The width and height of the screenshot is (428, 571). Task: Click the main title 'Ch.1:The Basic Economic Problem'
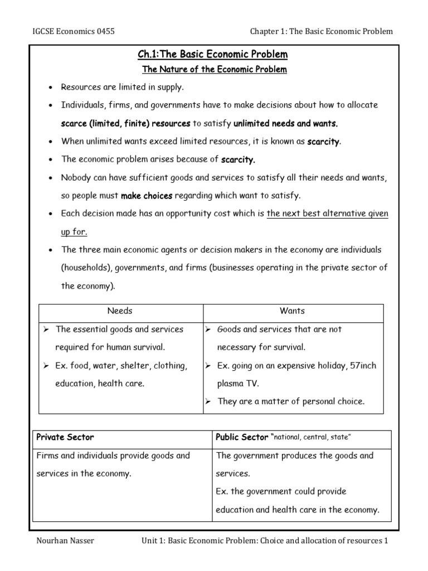pyautogui.click(x=214, y=54)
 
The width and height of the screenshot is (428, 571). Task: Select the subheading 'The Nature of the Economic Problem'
pyautogui.click(x=214, y=70)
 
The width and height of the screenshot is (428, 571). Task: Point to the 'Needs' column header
pyautogui.click(x=120, y=311)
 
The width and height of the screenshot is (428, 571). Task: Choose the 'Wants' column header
pyautogui.click(x=293, y=311)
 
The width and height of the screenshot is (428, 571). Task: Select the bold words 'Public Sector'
pyautogui.click(x=241, y=437)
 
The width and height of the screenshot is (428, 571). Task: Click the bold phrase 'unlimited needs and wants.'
pyautogui.click(x=286, y=123)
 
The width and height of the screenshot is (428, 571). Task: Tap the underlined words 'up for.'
pyautogui.click(x=74, y=231)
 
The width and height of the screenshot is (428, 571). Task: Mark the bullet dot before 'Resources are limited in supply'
pyautogui.click(x=50, y=88)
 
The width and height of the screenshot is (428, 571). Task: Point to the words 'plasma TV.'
pyautogui.click(x=238, y=384)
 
